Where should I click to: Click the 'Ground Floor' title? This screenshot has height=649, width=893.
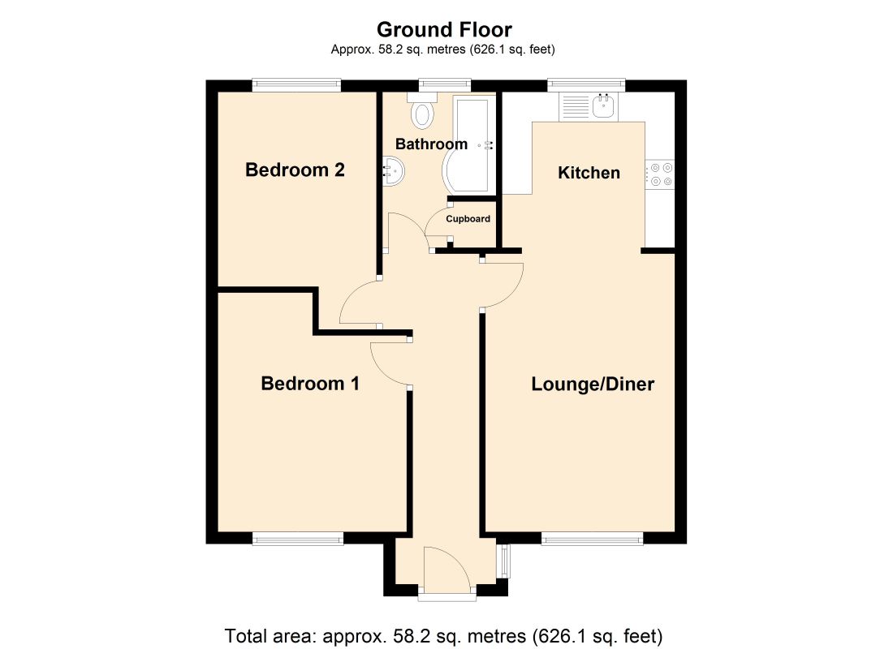pos(444,29)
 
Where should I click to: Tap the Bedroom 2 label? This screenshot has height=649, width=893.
pos(295,170)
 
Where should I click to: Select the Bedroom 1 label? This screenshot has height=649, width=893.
pos(310,383)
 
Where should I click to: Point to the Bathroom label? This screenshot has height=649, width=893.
pos(431,144)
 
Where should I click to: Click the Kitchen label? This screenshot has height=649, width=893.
pos(589,173)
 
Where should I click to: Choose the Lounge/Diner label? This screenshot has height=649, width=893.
pos(593,384)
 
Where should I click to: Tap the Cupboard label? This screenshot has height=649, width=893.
pos(468,218)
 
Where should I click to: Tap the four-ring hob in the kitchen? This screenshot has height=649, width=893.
pos(660,174)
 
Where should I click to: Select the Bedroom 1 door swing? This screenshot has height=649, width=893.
pos(390,365)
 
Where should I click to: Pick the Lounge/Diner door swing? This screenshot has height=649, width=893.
pos(503,286)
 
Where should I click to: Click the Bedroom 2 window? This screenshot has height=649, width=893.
pos(296,85)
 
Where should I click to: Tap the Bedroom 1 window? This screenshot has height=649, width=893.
pos(298,539)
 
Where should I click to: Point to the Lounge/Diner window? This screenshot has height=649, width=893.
pos(593,539)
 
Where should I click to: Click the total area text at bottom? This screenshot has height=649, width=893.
pos(443,635)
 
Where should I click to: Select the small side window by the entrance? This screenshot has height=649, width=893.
pos(503,562)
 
